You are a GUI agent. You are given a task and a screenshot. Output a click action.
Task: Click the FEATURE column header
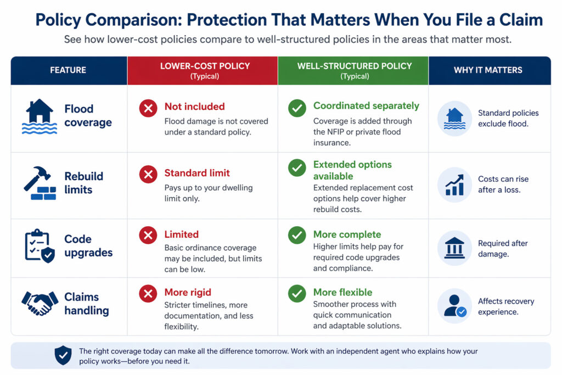(68, 70)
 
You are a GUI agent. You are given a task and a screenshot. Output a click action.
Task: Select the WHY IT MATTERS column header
(488, 70)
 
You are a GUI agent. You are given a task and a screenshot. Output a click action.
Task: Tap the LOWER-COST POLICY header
(205, 70)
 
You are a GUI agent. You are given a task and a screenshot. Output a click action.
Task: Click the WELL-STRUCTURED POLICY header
(355, 70)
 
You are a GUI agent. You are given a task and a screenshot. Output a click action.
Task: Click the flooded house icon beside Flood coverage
(39, 116)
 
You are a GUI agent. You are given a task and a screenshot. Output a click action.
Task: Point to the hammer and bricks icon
(40, 183)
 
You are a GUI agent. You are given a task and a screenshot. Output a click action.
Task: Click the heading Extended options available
(352, 170)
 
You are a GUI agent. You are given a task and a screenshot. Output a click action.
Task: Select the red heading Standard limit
(197, 173)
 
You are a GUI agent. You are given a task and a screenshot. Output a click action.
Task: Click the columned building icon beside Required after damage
(454, 248)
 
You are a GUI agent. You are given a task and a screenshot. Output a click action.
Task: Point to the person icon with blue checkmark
(454, 306)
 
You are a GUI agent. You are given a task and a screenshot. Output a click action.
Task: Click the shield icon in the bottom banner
(63, 355)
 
